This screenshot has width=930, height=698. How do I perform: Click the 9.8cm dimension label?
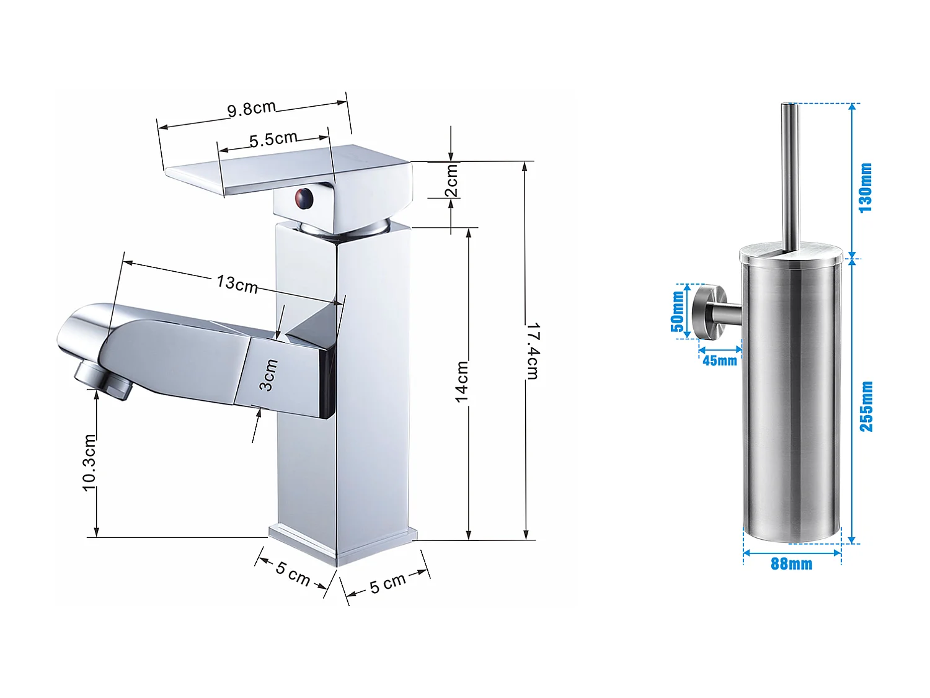(x=251, y=109)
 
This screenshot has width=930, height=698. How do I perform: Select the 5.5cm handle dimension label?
(x=273, y=139)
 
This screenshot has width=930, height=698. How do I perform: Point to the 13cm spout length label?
(x=237, y=284)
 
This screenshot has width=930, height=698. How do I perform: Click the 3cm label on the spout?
(x=268, y=375)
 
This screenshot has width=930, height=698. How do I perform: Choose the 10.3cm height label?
(x=90, y=463)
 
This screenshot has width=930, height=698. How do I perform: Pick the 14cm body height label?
(x=462, y=382)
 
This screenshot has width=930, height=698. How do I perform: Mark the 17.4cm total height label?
(x=532, y=351)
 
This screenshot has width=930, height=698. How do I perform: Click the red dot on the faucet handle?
(x=303, y=199)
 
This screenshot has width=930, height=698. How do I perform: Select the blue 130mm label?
(x=866, y=187)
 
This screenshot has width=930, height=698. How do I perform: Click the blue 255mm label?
(x=866, y=406)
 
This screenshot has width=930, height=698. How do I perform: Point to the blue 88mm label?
(x=791, y=564)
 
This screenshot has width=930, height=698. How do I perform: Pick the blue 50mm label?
(x=678, y=311)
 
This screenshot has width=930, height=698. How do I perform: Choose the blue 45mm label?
(x=719, y=360)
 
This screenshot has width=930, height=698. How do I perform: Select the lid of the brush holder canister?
(x=790, y=255)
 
